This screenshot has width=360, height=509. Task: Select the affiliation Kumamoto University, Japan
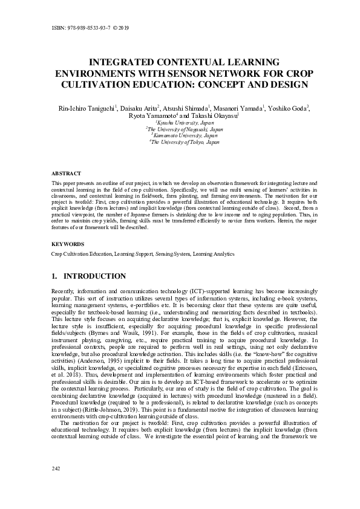click(180, 135)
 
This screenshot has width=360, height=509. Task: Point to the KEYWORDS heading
click(67, 244)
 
